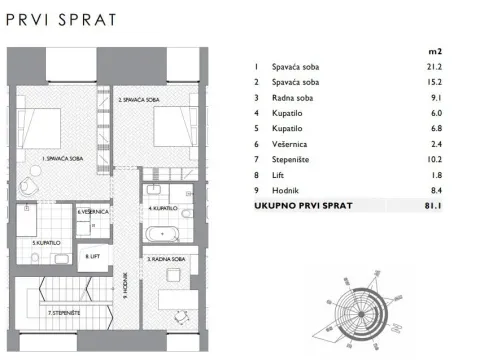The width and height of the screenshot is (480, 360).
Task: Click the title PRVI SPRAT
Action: (60, 19)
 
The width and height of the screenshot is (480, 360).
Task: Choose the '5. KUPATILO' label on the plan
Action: (46, 243)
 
